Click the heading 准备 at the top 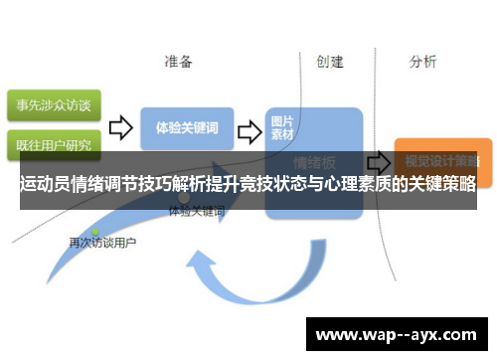[x=179, y=62]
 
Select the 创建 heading [x=329, y=62]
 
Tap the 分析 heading [x=422, y=62]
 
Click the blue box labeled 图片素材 [x=288, y=127]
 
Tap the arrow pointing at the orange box [x=378, y=160]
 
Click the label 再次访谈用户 [x=102, y=242]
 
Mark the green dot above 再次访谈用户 [x=95, y=231]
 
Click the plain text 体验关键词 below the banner [x=197, y=212]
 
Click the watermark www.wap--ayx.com [x=396, y=334]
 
